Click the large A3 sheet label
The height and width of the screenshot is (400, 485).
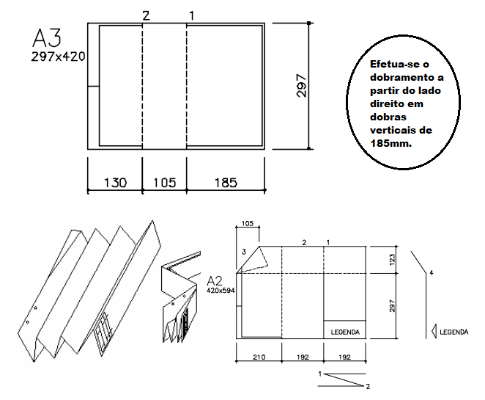[x=47, y=37]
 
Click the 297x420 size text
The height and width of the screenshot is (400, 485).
[x=58, y=57]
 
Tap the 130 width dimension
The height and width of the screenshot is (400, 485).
[x=115, y=183]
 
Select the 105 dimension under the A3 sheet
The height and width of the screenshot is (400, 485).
[x=165, y=183]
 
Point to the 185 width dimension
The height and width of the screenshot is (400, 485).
[x=226, y=183]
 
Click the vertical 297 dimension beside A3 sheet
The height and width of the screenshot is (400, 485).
[x=301, y=86]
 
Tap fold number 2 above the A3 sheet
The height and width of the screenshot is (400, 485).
[x=146, y=15]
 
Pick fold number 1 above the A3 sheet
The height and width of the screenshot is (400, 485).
[x=192, y=15]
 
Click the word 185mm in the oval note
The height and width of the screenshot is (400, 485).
[x=391, y=143]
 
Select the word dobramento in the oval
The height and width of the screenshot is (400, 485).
[x=407, y=77]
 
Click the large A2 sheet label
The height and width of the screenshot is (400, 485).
[x=215, y=280]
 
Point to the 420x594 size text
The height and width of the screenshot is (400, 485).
[x=221, y=291]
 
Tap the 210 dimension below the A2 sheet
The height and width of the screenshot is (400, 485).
[x=259, y=357]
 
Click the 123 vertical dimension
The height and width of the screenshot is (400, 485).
[x=392, y=260]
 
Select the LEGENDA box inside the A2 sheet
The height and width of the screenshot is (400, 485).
[x=345, y=330]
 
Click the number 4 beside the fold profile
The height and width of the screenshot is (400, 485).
[x=432, y=273]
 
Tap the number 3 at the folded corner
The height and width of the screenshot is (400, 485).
[x=244, y=252]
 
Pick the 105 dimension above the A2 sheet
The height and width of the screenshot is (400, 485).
[x=247, y=223]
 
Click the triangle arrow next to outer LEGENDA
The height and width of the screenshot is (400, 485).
[x=434, y=331]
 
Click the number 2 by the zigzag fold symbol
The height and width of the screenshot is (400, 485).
[x=368, y=386]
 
